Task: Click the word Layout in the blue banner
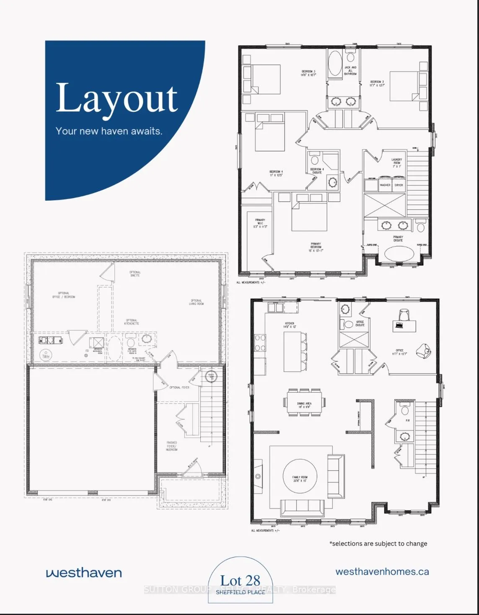tap(117, 98)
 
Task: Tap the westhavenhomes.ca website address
tap(382, 572)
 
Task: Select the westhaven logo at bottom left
tap(84, 573)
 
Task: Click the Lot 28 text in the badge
tap(240, 581)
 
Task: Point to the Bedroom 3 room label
tap(308, 73)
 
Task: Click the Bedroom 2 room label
tap(377, 83)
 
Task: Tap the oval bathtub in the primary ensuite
tap(399, 254)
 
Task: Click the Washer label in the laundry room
tap(385, 185)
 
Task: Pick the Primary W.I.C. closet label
tap(260, 223)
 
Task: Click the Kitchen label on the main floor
tap(290, 325)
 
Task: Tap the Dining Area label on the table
tap(304, 405)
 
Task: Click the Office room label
tap(399, 352)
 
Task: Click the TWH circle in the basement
tap(46, 356)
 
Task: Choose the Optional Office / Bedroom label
tap(63, 295)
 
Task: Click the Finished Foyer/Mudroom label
tap(172, 446)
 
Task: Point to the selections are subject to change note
tap(378, 543)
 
